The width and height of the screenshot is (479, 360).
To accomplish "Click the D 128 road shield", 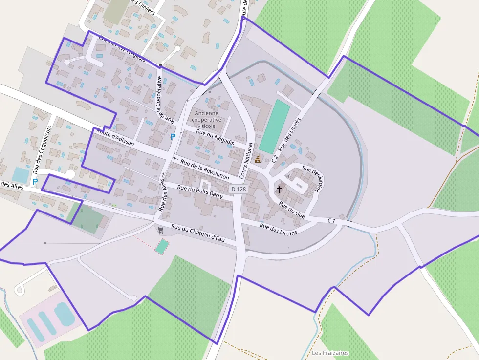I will click(238, 189).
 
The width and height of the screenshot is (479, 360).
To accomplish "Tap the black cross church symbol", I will click(280, 189).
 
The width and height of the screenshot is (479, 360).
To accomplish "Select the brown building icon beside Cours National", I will click(258, 159).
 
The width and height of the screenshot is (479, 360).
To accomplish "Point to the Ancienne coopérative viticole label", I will click(207, 119).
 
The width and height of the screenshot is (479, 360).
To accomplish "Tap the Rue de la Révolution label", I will click(204, 169).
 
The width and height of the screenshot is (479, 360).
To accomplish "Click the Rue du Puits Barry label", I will click(200, 191).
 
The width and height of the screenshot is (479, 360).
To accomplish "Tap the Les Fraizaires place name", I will click(330, 353).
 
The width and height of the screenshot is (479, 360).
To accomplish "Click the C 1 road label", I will click(331, 221).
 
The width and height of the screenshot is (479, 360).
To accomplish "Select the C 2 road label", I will click(274, 158).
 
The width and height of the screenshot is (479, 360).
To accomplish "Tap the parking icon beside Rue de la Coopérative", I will click(173, 137).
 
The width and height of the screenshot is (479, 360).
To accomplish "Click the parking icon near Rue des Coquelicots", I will click(35, 181).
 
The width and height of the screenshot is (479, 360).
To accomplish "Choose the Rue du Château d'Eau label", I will click(197, 233).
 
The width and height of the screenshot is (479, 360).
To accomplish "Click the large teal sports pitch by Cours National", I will click(271, 127).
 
